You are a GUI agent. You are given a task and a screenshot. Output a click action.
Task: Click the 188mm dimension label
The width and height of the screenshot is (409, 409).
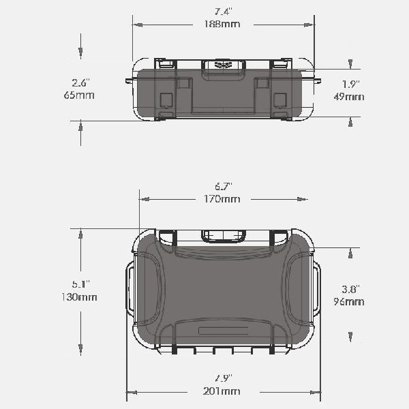click(x=222, y=24)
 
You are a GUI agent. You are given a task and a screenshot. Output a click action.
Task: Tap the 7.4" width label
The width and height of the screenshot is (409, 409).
click(x=224, y=12)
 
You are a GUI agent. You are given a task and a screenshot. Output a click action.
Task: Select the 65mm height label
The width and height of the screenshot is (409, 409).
click(x=79, y=95)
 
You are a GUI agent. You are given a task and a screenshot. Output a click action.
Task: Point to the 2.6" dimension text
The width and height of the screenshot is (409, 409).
click(x=81, y=83)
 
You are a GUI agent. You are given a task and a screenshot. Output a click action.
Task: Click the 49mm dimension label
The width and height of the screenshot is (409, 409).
click(x=349, y=97)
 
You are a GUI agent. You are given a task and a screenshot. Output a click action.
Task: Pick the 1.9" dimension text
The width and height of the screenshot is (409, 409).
click(x=351, y=85)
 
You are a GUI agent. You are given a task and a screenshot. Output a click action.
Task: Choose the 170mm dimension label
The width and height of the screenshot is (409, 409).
click(x=222, y=199)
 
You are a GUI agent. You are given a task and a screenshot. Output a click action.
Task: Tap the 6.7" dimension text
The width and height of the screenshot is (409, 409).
click(x=224, y=187)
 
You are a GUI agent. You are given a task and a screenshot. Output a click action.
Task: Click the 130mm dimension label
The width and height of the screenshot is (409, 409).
click(x=79, y=297)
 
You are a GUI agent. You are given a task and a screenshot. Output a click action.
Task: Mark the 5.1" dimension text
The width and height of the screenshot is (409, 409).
click(x=81, y=284)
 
